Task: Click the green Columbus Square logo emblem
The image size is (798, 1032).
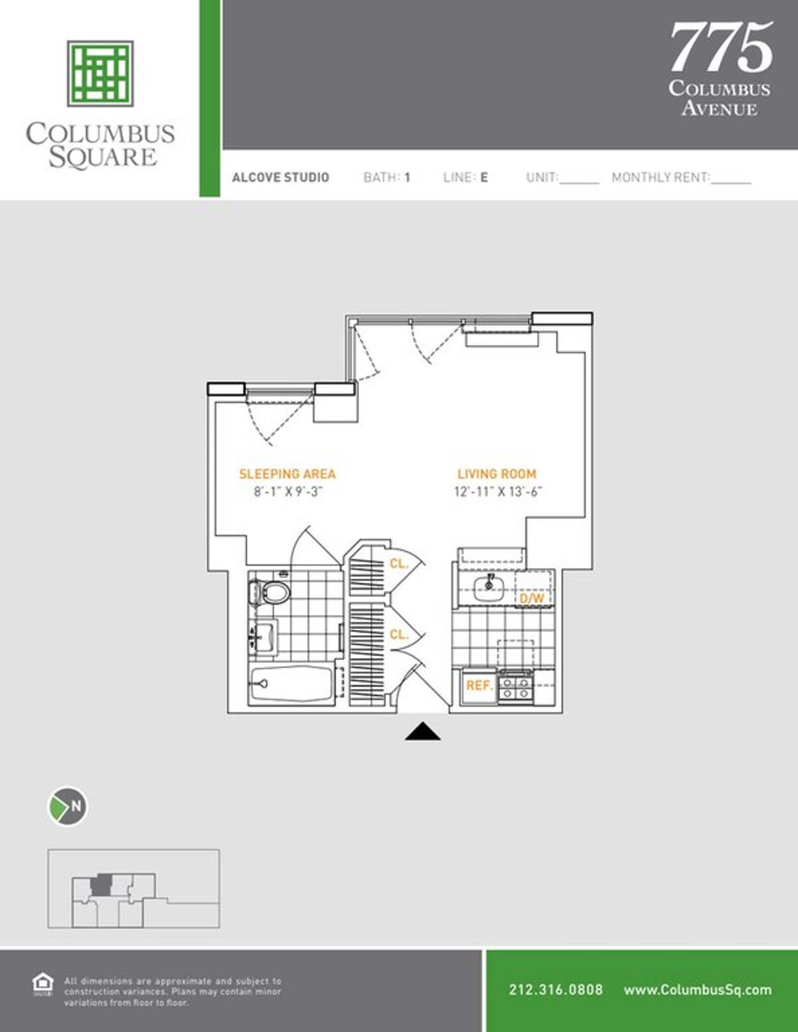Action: [100, 74]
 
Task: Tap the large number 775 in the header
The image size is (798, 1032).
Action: [721, 47]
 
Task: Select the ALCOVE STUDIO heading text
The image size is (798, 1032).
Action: [281, 178]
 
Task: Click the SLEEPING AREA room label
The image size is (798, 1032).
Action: [287, 474]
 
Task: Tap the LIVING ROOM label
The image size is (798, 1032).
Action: [497, 474]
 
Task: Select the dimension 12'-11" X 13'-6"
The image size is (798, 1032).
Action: [497, 492]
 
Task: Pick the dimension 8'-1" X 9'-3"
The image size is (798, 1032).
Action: [288, 492]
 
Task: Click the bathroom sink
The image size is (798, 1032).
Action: [263, 638]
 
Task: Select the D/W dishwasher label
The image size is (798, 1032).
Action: [532, 598]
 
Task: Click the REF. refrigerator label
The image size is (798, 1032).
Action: [480, 685]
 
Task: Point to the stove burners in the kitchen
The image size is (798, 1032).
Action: [516, 687]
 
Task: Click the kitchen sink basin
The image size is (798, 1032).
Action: [489, 588]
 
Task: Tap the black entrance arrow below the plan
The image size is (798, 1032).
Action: [423, 731]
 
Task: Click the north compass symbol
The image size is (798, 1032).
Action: [68, 806]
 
